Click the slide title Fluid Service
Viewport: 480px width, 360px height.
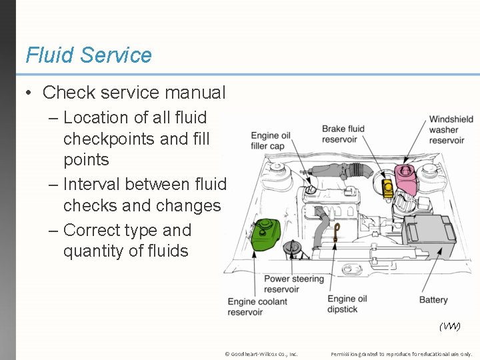(x=89, y=55)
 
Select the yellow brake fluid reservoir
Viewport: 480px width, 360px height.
(x=386, y=187)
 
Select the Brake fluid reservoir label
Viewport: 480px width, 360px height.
(x=343, y=134)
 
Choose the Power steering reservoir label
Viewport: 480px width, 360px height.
(x=293, y=284)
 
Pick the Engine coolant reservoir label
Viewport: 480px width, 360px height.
(x=257, y=307)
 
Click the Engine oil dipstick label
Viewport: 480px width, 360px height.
(x=351, y=304)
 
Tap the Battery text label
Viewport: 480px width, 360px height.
(x=433, y=300)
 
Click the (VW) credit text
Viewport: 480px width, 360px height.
(x=449, y=326)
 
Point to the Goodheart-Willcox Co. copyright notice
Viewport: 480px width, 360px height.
(x=261, y=354)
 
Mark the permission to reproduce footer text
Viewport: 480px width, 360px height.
(x=401, y=354)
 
